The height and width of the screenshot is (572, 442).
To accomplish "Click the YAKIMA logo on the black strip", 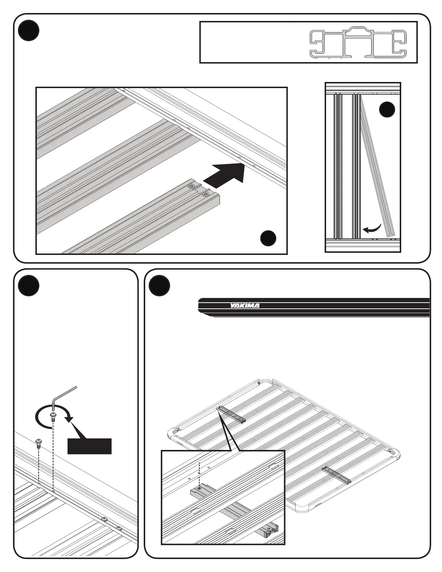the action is [x=245, y=306].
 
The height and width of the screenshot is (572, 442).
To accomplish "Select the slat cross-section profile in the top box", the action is [x=359, y=44].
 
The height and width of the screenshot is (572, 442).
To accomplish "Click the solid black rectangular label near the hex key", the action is [x=90, y=446].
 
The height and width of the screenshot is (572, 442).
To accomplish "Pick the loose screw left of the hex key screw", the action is [x=38, y=442].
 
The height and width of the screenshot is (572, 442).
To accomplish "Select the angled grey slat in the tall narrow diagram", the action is [x=377, y=170].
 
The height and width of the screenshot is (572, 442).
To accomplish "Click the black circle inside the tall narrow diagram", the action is [x=387, y=110].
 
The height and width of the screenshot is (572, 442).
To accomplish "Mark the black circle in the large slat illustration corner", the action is [x=268, y=238].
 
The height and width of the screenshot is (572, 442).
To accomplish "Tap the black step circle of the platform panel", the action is [x=159, y=286].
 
